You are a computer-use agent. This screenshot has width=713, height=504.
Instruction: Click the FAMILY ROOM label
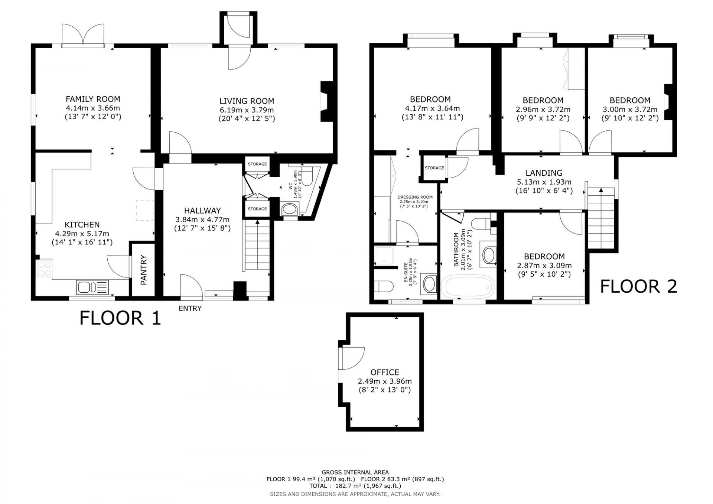click(93, 99)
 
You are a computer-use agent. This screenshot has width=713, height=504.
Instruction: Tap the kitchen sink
click(92, 287)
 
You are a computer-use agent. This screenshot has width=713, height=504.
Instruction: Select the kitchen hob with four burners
click(45, 268)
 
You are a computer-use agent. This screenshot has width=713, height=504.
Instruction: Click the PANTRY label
click(144, 270)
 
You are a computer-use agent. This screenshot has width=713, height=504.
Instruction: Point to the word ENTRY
click(190, 308)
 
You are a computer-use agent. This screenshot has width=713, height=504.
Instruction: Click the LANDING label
click(544, 173)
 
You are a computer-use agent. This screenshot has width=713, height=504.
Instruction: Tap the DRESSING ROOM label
click(415, 197)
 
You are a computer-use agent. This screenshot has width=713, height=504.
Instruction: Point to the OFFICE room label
click(385, 372)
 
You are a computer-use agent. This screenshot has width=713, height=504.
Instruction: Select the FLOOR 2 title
click(639, 286)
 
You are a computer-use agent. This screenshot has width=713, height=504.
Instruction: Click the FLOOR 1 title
click(120, 318)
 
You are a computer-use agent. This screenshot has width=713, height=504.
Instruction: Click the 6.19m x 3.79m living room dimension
click(247, 110)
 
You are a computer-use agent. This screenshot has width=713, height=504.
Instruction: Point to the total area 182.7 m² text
click(355, 486)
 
